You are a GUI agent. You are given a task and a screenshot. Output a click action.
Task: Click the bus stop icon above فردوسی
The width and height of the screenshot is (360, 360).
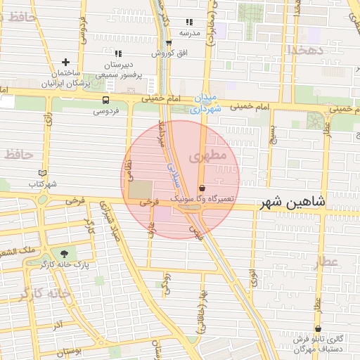tap(105, 100)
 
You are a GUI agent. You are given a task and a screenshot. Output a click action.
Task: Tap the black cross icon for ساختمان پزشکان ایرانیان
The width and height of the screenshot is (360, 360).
tap(66, 63)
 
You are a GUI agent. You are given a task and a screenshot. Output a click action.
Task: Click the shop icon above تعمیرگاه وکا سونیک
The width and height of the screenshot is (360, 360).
tap(202, 188)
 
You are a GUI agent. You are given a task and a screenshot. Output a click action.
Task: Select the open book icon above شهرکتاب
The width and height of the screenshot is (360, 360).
tap(42, 172)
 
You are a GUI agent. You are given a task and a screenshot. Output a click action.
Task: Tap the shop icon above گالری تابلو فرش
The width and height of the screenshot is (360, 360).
tap(318, 328)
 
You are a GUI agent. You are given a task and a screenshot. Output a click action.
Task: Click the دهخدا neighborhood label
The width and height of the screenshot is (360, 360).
tap(304, 49)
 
